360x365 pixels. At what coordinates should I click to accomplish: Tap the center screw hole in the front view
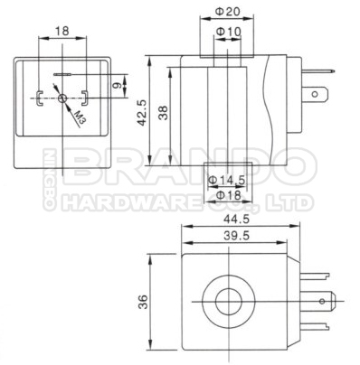pyautogui.click(x=61, y=99)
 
